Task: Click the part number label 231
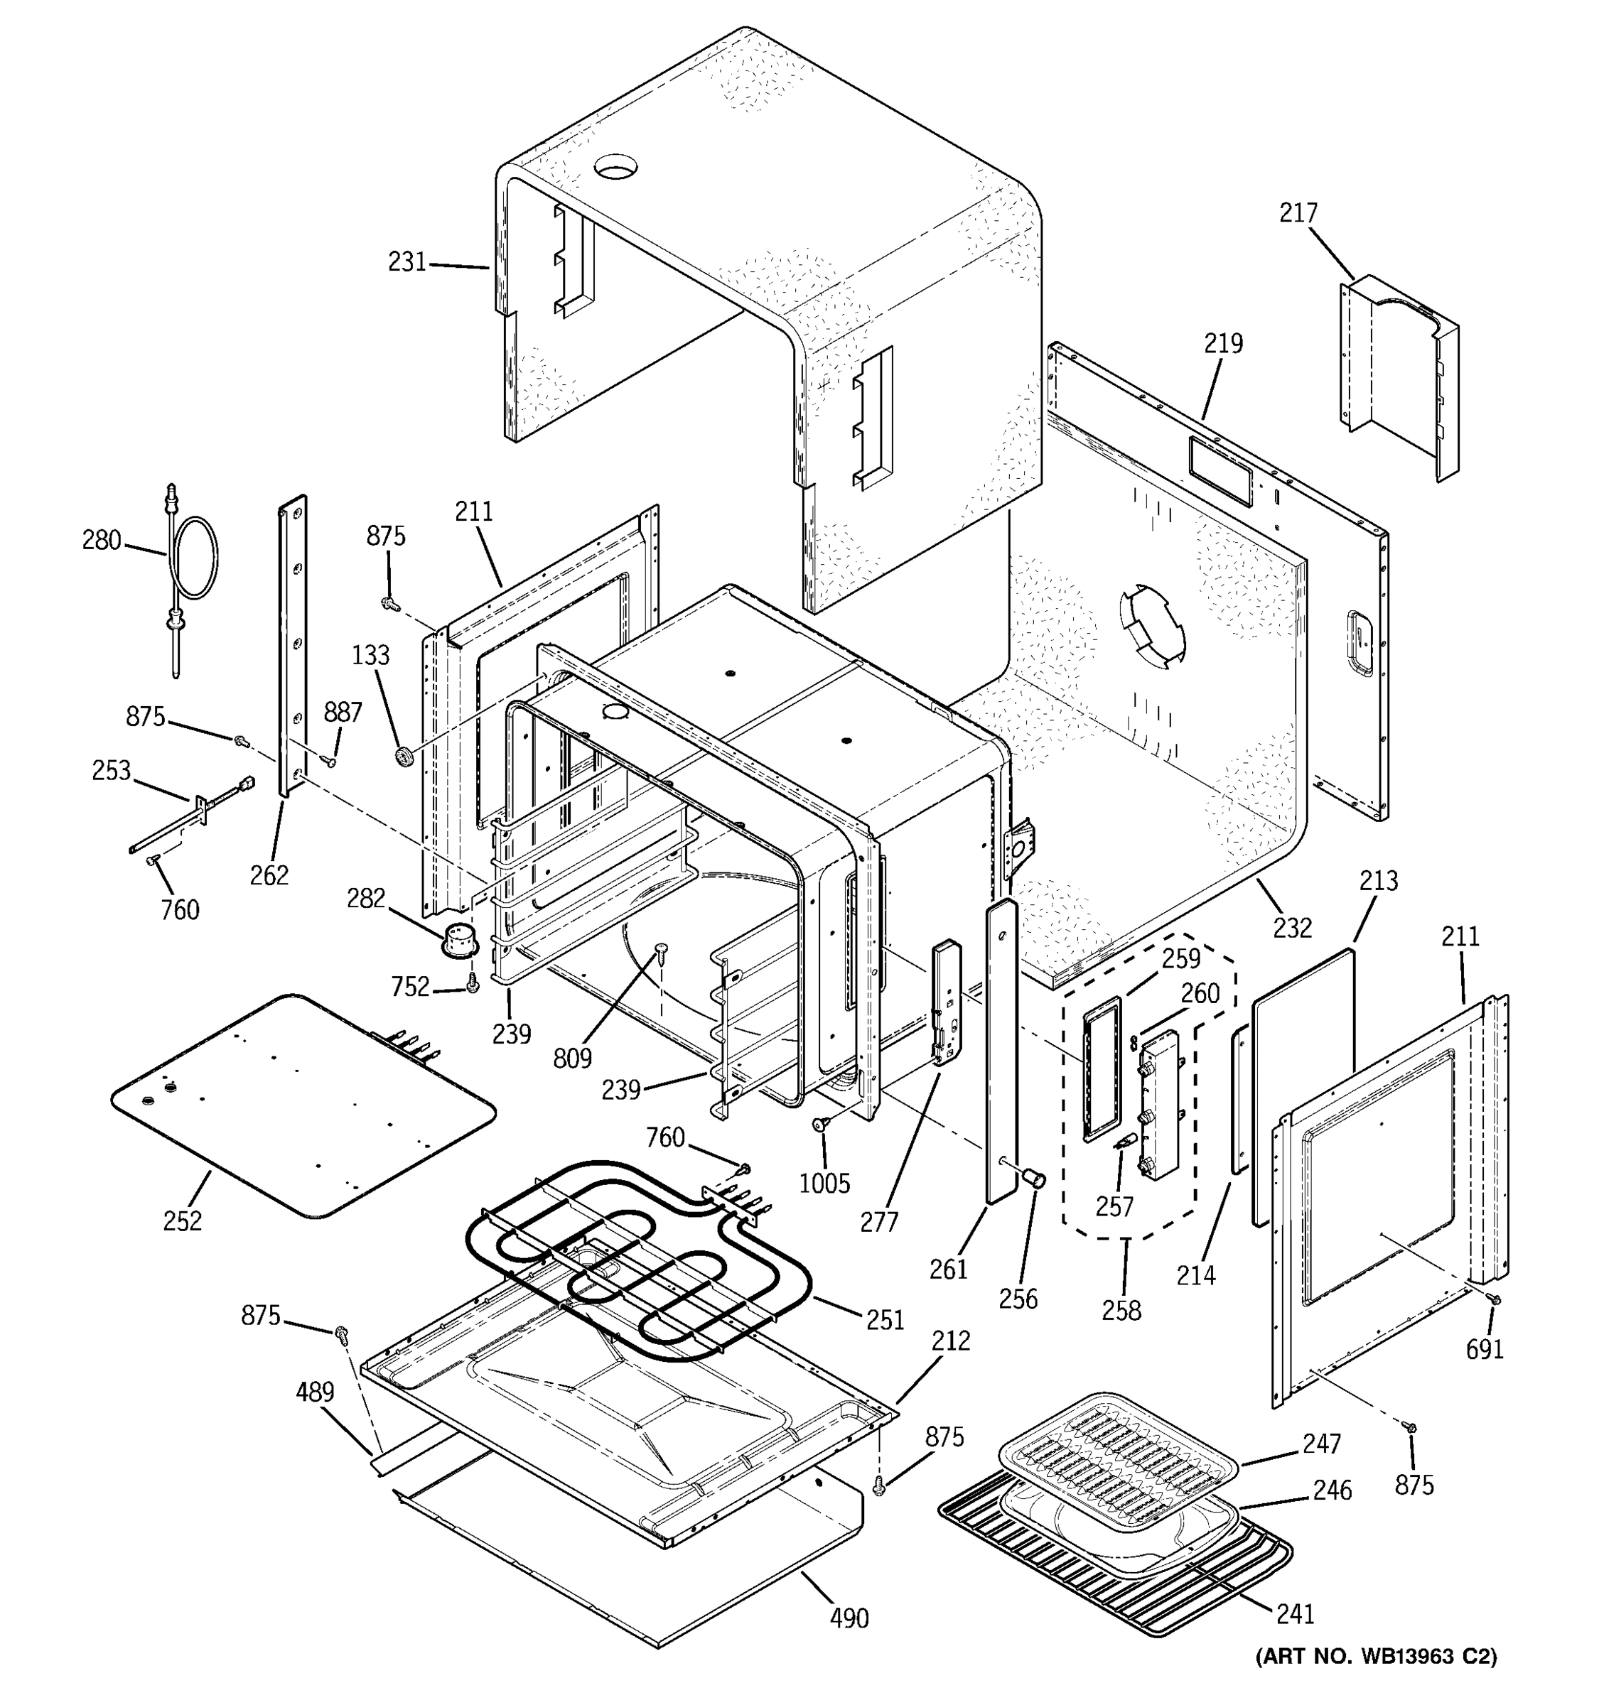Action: [x=407, y=261]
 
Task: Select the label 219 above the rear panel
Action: [x=1223, y=343]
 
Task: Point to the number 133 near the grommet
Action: [x=370, y=655]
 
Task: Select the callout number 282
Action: [x=365, y=898]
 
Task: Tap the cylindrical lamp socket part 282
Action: [x=461, y=938]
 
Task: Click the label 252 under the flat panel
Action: [x=182, y=1220]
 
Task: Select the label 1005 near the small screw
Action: [x=824, y=1184]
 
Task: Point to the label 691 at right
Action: [x=1484, y=1349]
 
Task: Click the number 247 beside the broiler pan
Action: [x=1321, y=1444]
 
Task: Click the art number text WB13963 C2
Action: [x=1377, y=1680]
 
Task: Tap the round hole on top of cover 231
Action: [x=617, y=165]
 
